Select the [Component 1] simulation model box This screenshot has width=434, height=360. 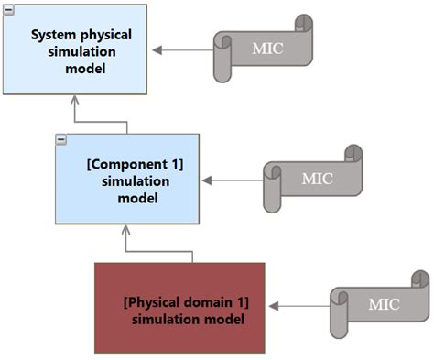point(126,178)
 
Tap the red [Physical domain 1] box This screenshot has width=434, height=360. point(179,308)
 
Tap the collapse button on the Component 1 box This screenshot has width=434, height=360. point(61,139)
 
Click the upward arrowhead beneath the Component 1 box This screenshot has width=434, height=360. point(125,231)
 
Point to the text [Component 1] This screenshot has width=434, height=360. point(135,165)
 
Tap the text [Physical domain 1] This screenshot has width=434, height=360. point(186,302)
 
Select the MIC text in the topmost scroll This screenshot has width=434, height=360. point(267,48)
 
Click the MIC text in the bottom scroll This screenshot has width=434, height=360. point(384,305)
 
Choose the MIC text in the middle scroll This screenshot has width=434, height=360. point(318,178)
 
